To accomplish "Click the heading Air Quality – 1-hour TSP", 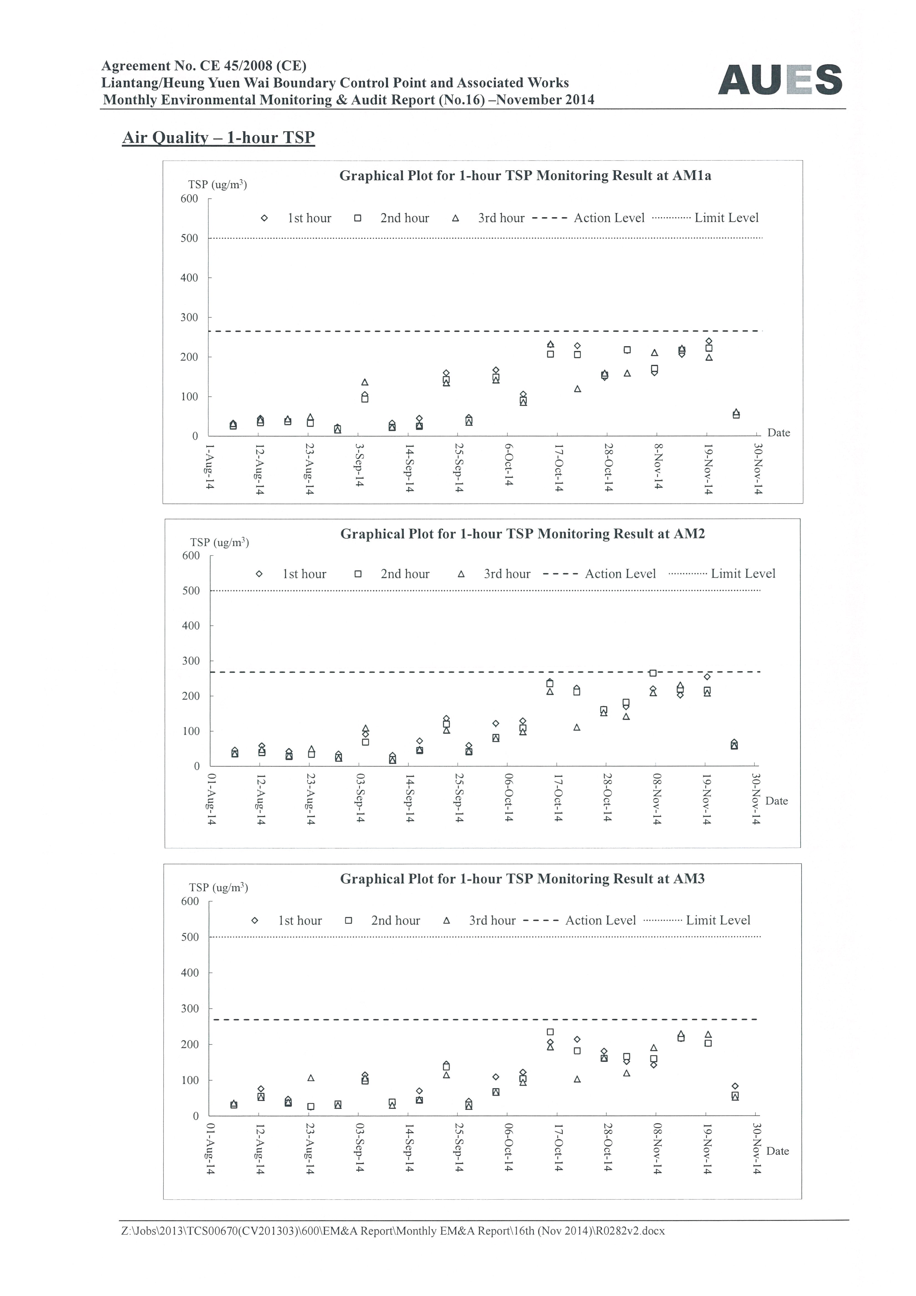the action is click(x=218, y=138).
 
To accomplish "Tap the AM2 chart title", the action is click(x=522, y=534).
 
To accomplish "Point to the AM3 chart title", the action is click(x=522, y=879).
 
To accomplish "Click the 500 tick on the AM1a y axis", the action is click(x=190, y=238).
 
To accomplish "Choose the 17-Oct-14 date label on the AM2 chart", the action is click(x=558, y=798).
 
